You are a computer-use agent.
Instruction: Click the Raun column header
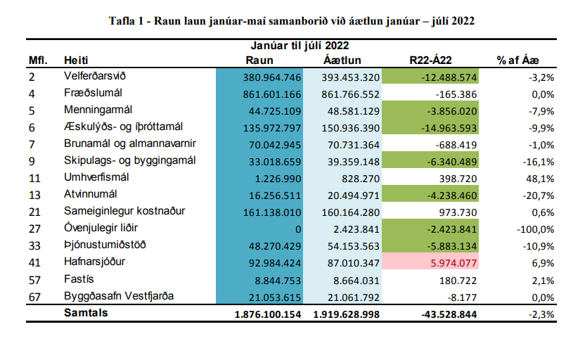259,60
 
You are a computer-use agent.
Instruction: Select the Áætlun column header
342,60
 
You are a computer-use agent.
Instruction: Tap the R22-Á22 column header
430,60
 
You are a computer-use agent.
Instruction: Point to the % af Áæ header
517,60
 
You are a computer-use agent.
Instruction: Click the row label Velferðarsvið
95,76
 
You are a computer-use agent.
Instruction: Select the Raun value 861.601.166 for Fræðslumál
272,94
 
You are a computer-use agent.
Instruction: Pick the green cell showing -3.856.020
430,111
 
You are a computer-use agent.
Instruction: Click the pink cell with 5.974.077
430,262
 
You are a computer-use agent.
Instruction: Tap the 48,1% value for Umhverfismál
540,179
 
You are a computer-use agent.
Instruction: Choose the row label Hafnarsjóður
94,262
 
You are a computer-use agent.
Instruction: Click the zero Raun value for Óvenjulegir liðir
298,229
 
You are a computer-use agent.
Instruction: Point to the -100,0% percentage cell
535,229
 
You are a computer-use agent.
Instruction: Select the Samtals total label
86,313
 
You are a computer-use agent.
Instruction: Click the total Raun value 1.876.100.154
268,314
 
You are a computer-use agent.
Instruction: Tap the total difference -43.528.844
449,314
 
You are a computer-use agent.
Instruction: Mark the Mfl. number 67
34,297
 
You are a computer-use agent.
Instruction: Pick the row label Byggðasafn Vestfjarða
119,296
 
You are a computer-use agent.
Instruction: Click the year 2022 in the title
462,21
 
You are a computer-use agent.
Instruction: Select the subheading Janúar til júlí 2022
300,46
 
